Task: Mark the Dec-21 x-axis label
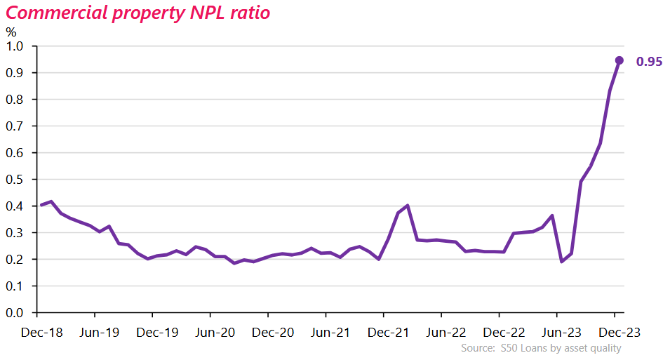coord(384,333)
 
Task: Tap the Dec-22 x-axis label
coord(500,333)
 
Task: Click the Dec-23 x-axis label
coord(615,333)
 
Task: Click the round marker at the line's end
coord(619,60)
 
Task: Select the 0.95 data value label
coord(649,62)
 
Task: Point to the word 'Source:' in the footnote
coord(478,348)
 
